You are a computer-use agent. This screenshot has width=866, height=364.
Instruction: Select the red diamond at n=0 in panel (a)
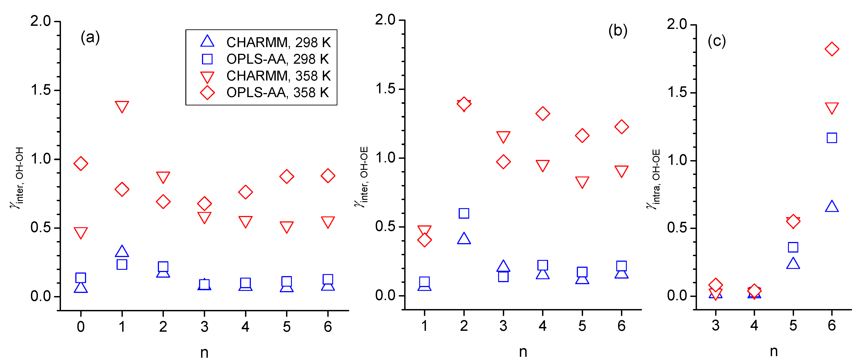pyautogui.click(x=81, y=163)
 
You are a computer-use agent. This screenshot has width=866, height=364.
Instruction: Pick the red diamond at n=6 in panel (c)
pyautogui.click(x=832, y=49)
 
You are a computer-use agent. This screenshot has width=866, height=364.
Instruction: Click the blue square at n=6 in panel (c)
pyautogui.click(x=832, y=138)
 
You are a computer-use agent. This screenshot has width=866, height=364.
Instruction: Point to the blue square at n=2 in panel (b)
pyautogui.click(x=464, y=213)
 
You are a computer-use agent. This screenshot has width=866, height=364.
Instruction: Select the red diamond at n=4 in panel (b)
pyautogui.click(x=543, y=114)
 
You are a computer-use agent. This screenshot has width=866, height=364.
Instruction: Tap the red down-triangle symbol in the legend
pyautogui.click(x=207, y=77)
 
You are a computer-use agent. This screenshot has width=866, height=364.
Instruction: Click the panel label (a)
pyautogui.click(x=90, y=37)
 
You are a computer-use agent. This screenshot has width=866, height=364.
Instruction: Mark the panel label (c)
pyautogui.click(x=717, y=41)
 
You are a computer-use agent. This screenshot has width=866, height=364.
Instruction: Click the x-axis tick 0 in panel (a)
pyautogui.click(x=81, y=327)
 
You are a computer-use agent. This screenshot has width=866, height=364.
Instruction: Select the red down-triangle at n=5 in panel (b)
pyautogui.click(x=582, y=182)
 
